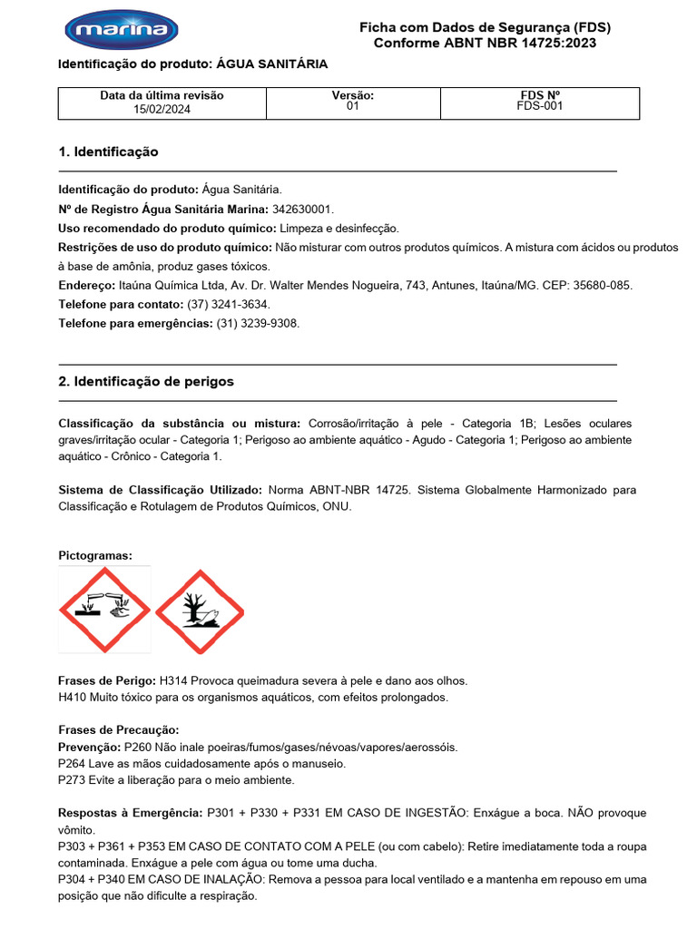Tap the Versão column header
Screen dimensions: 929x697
coord(353,95)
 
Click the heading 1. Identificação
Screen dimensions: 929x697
coord(108,152)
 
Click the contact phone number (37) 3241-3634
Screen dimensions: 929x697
coord(228,304)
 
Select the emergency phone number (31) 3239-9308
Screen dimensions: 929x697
coord(258,323)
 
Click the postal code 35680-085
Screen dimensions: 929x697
coord(598,285)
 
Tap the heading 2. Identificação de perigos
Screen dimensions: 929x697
coord(146,381)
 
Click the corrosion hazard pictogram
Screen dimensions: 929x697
coord(104,609)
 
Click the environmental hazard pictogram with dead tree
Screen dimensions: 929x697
coord(200,611)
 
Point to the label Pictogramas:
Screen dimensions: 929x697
coord(95,554)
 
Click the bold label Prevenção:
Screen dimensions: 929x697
coord(89,748)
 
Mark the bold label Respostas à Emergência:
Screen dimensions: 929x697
coord(131,813)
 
